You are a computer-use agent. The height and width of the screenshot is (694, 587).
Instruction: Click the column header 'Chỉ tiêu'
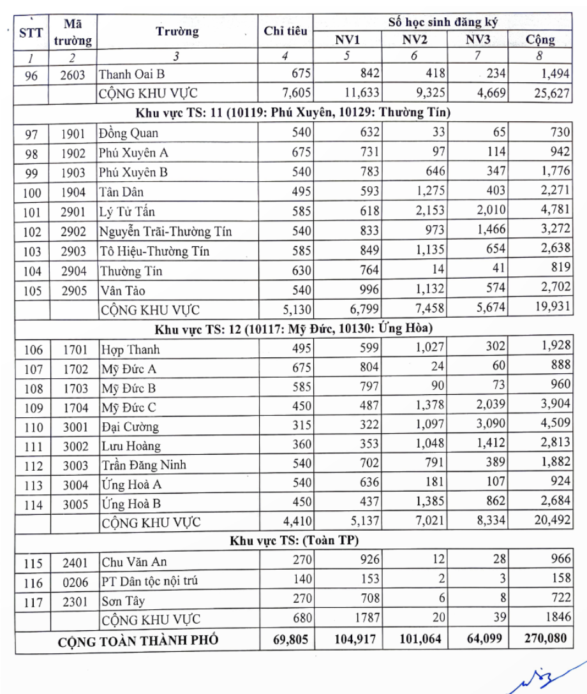285,31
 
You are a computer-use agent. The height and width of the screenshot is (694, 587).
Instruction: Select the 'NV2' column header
415,40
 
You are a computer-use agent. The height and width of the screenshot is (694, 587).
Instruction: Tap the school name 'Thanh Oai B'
131,75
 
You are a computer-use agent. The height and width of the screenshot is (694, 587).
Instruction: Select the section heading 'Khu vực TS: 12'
293,330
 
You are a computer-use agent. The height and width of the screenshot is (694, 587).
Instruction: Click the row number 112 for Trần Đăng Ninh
33,466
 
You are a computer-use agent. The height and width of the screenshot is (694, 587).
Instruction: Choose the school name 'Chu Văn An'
134,562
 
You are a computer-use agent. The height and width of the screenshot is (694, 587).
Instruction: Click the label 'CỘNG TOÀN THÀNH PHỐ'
138,640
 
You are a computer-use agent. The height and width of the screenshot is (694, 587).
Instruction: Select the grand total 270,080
543,639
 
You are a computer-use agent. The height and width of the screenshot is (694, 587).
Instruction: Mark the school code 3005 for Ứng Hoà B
75,504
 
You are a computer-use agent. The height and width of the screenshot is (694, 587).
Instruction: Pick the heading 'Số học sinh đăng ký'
443,22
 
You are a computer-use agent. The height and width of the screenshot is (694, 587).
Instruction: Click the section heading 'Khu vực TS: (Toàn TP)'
294,542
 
